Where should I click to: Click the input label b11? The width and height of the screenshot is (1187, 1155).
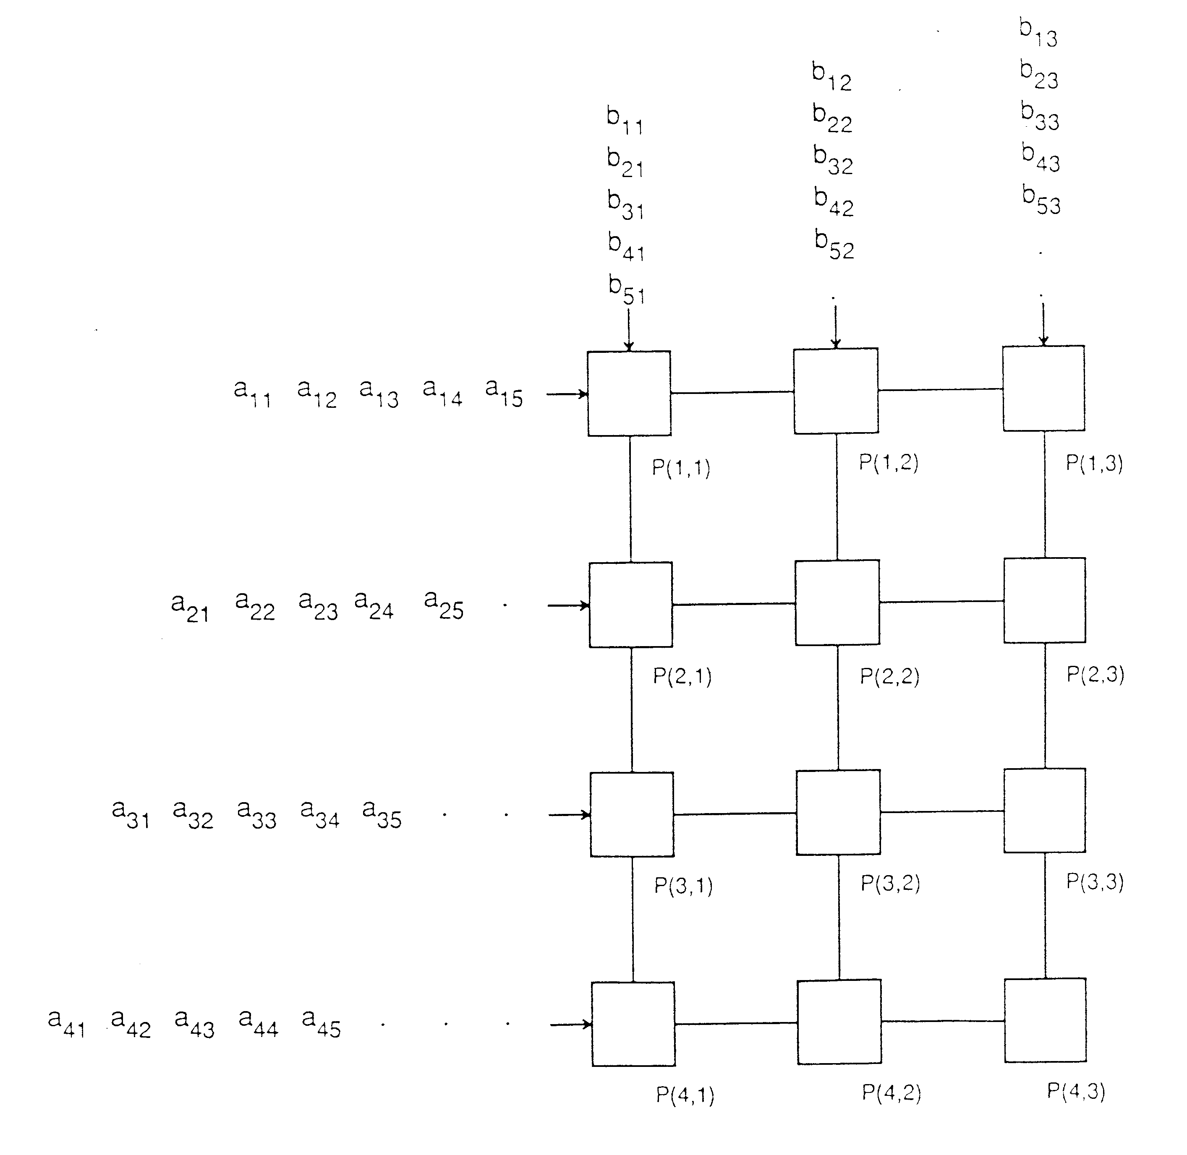click(625, 120)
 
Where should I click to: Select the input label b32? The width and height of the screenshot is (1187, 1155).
click(833, 160)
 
